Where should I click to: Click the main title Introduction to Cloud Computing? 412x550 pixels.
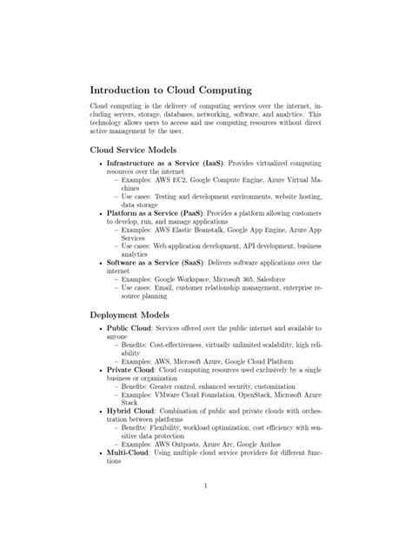pyautogui.click(x=171, y=91)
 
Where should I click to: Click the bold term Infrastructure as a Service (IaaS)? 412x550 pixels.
pyautogui.click(x=164, y=163)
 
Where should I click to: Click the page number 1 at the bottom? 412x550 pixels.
pyautogui.click(x=205, y=509)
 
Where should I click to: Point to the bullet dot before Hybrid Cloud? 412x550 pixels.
pyautogui.click(x=100, y=409)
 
